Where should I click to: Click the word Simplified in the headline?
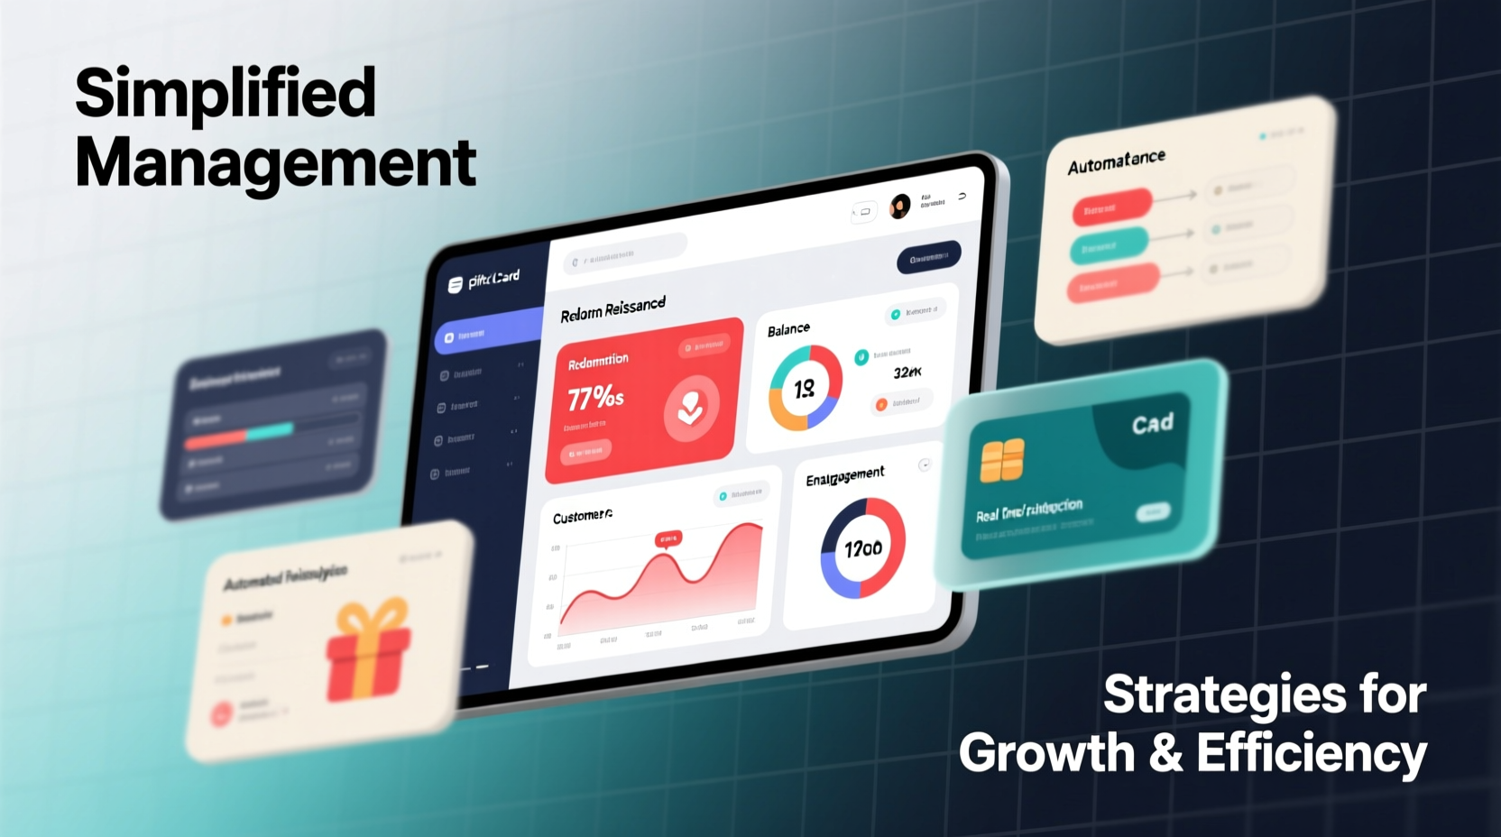click(226, 93)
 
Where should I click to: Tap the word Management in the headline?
click(275, 163)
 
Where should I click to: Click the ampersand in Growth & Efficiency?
click(1165, 752)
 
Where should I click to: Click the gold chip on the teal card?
click(1001, 460)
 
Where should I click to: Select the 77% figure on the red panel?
click(595, 396)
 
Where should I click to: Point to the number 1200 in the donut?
click(863, 548)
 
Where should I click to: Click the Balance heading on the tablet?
click(788, 330)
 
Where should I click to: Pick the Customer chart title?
click(583, 516)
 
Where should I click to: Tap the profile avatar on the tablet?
click(899, 207)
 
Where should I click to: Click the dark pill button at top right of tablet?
click(928, 258)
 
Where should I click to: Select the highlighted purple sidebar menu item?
click(488, 335)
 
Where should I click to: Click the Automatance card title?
click(1116, 161)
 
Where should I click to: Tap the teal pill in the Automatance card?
click(1109, 245)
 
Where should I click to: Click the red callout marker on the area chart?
click(668, 539)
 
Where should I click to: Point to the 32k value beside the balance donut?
click(907, 373)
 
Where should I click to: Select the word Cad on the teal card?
click(1153, 424)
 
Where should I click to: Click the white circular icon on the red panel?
click(692, 409)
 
